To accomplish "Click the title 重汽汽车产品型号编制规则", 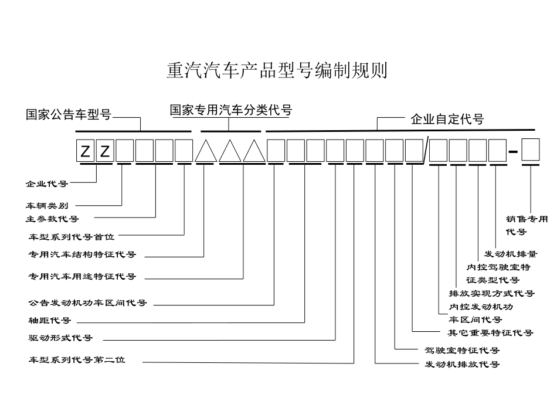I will (277, 72).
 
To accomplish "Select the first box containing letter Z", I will (86, 151).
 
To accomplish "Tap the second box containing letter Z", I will (104, 151).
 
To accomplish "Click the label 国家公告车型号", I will (69, 114).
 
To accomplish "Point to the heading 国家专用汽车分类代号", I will (231, 110).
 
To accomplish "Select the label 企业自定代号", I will (447, 120).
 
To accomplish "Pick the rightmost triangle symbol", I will (254, 151).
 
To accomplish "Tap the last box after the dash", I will (531, 150).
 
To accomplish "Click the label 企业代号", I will (47, 183).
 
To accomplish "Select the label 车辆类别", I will (47, 206).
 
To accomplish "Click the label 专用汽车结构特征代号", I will (82, 255).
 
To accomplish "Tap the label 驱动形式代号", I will (60, 338).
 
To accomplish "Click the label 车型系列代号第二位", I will (77, 360).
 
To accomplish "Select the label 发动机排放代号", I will (462, 364).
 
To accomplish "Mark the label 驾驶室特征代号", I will (462, 350).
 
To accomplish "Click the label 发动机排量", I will (510, 254).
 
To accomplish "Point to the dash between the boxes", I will (513, 152).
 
